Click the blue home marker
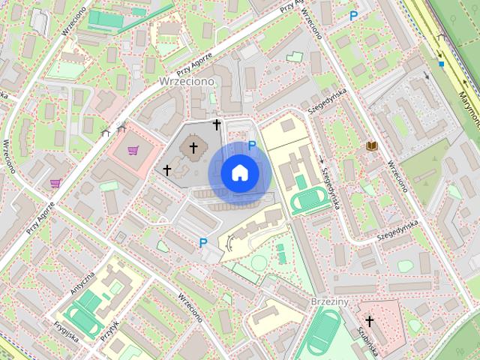pos(239,172)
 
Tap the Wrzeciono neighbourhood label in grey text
pos(187,81)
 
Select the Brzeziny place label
pos(330,301)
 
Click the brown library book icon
pos(370,145)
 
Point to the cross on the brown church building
pos(193,148)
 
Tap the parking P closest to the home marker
pos(252,145)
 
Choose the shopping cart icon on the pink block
pos(133,151)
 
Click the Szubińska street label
pos(367,341)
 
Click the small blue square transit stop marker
pos(442,64)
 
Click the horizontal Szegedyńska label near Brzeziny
pos(397,230)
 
